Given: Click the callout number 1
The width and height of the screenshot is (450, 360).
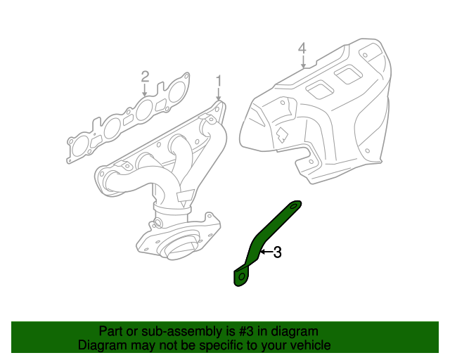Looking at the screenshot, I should click(x=218, y=79).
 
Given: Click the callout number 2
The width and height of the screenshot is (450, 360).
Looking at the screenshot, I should click(x=145, y=75).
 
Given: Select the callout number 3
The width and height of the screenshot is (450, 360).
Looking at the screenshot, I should click(x=277, y=252).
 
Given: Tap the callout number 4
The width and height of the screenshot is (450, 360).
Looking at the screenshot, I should click(x=302, y=49).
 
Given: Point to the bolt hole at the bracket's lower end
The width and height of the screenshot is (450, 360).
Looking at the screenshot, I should click(x=241, y=278).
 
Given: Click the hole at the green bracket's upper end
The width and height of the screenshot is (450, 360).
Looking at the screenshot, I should click(x=295, y=205).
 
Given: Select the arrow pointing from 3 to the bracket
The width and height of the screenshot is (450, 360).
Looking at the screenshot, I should click(x=266, y=251).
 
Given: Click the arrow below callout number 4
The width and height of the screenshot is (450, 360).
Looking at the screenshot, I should click(x=302, y=62).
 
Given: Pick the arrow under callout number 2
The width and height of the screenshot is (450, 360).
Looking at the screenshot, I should click(x=145, y=89).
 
